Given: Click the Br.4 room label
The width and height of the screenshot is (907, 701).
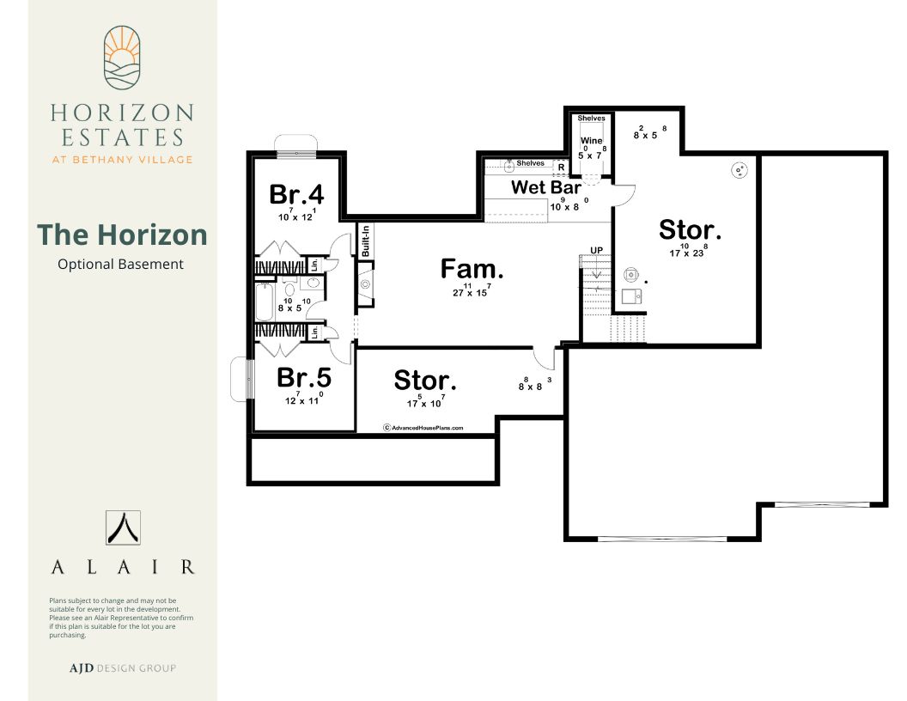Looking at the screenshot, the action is [296, 194].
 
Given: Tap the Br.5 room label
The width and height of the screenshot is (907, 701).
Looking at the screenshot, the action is [304, 378].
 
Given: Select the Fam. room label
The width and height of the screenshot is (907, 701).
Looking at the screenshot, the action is [472, 269].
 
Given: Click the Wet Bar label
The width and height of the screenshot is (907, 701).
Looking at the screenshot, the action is [546, 187].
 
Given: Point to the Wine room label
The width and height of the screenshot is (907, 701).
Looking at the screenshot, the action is [591, 141].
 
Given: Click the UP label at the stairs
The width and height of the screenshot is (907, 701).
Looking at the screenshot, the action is [596, 251].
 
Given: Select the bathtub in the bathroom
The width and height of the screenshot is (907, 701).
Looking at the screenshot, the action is [265, 302].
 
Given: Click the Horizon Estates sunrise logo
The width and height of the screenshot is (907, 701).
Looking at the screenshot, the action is [122, 58].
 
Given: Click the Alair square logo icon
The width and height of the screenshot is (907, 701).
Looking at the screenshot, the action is [123, 527].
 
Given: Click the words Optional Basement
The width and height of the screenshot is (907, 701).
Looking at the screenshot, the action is [120, 265].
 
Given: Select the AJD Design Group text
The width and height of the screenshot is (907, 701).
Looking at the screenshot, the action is [123, 668].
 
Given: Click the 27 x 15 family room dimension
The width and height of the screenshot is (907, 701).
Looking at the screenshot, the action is [472, 290].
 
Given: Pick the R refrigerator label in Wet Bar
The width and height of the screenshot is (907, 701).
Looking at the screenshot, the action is [561, 168].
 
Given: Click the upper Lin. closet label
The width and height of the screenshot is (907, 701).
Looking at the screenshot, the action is [314, 265].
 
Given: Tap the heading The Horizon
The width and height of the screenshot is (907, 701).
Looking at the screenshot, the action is [122, 235].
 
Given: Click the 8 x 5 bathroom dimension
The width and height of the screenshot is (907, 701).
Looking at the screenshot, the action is [295, 305].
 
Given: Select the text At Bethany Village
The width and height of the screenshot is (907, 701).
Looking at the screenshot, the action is [122, 160].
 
